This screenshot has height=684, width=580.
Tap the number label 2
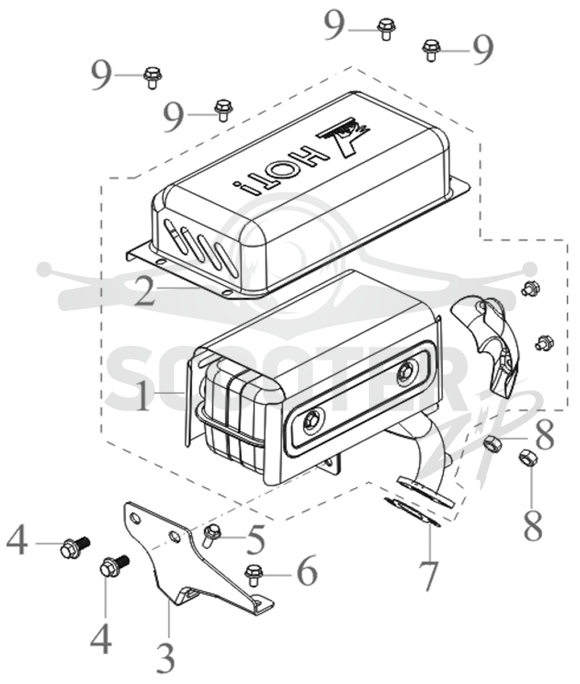coord(145,290)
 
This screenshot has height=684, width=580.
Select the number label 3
coord(166,656)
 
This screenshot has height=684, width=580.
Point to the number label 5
coord(255,540)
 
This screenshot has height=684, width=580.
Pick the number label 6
coord(307,572)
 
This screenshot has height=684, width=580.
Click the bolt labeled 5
coord(212,535)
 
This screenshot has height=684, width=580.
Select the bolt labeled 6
coord(253,574)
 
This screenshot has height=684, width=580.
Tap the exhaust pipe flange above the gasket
coord(425,492)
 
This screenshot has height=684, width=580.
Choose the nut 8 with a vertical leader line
coord(527,458)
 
